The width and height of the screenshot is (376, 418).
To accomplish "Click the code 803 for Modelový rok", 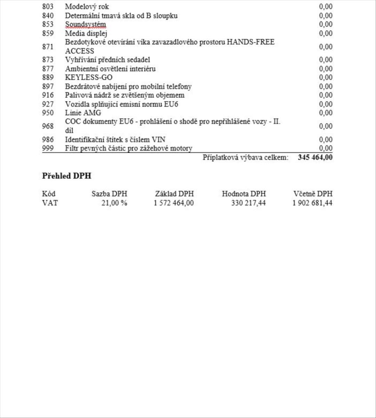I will point(48,7).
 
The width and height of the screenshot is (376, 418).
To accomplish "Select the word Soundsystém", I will point(85,24).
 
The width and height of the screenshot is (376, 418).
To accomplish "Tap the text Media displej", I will point(86,33).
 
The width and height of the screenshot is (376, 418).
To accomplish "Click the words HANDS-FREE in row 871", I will point(250,42).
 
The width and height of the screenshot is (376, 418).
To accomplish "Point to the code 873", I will point(48,60).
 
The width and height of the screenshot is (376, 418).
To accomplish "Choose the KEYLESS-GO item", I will point(89,77).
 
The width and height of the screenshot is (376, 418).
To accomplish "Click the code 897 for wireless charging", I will point(48,86).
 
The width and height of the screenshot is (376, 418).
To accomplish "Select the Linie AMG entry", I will point(83,113).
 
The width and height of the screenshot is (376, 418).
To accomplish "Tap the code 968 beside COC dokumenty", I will point(48,126).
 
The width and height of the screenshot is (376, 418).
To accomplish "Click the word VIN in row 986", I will point(158,140).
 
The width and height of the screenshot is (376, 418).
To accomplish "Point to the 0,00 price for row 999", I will point(326,149).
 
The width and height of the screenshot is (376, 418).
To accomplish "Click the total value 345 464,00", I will point(315,157).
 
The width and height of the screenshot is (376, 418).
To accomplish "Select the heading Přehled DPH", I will point(66,176).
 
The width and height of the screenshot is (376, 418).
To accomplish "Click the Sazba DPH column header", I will point(109,194).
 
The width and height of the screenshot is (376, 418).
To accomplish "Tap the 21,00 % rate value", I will point(114,203).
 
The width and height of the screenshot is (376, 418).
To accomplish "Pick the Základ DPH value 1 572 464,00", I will point(174,203).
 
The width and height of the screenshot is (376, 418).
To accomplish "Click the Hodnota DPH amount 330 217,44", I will point(248,203).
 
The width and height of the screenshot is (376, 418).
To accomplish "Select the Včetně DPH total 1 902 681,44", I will point(312,203).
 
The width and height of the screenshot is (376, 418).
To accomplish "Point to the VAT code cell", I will point(50,203).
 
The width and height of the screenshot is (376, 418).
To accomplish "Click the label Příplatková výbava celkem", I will point(246,157).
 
